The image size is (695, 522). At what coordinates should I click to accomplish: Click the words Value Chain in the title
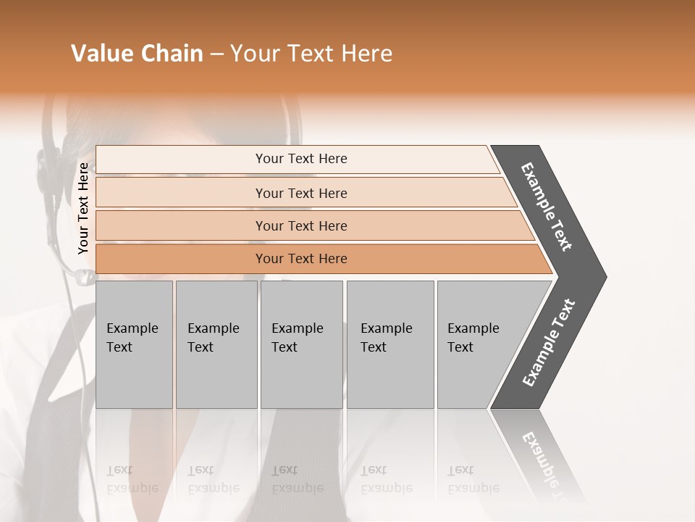point(137,54)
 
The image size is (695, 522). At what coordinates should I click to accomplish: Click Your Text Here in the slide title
point(311,54)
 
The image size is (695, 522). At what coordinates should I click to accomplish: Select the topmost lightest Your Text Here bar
point(300,159)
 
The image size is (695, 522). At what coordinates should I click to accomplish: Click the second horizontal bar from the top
point(300,193)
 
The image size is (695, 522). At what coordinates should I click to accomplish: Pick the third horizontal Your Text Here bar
point(300,225)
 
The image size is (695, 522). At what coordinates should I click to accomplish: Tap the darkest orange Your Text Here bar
point(300,259)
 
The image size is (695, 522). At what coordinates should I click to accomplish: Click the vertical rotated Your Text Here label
point(83,208)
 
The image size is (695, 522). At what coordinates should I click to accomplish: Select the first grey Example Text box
point(133,344)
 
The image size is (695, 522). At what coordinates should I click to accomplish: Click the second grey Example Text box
point(215,344)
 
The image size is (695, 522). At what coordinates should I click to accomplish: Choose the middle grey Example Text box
point(300,344)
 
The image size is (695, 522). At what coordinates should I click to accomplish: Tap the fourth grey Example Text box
point(389,344)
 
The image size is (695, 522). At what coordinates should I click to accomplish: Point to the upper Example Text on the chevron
point(547,207)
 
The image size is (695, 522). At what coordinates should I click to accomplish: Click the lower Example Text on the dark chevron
point(549,343)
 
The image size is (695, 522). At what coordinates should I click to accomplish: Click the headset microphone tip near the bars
point(85,276)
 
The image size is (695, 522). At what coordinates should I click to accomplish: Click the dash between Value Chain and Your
point(216,54)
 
